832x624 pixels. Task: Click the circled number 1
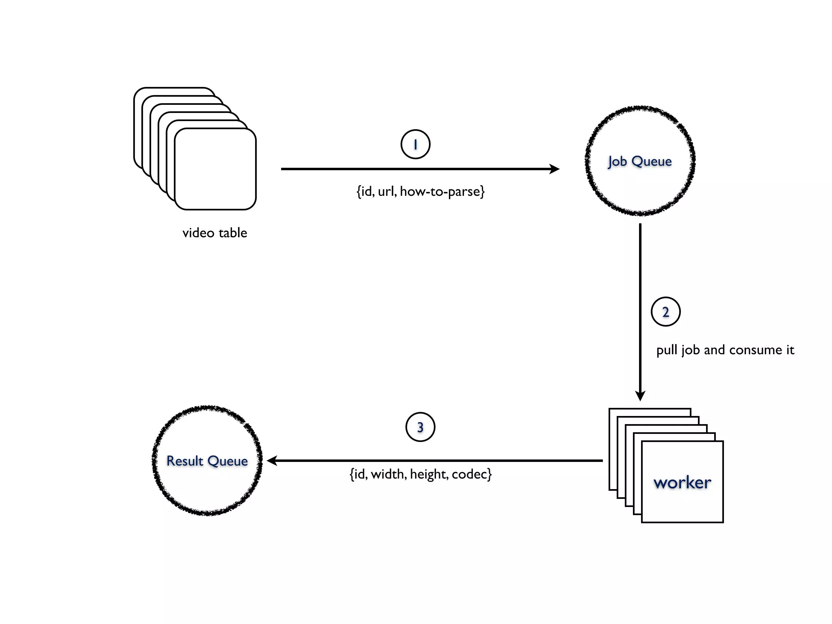(x=415, y=144)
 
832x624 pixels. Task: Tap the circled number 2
(x=665, y=312)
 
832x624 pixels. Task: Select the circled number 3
(x=420, y=427)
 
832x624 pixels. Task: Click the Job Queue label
(x=640, y=161)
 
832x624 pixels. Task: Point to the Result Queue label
(x=207, y=461)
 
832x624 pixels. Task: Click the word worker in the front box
(x=682, y=483)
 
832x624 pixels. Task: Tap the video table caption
(x=214, y=233)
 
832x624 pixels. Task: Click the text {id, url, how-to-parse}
(x=420, y=191)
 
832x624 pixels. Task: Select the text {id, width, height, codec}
(x=420, y=474)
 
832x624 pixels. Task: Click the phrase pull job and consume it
(x=725, y=350)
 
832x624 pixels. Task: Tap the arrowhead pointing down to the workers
(x=640, y=395)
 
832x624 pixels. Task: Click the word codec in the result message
(x=471, y=474)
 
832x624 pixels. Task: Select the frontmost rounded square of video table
(x=215, y=169)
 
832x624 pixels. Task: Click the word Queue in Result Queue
(x=227, y=461)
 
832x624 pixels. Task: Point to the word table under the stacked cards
(x=232, y=233)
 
